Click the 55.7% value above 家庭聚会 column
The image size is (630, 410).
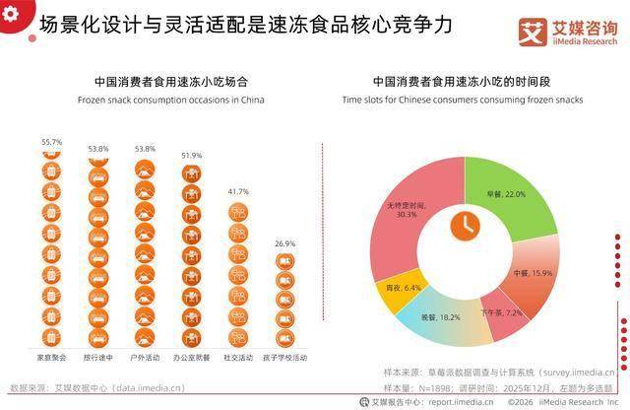coord(51,142)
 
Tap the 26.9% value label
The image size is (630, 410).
coord(284,243)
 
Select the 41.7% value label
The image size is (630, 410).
coord(237,191)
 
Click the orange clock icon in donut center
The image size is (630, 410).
coord(462,226)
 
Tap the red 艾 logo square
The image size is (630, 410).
coord(535,31)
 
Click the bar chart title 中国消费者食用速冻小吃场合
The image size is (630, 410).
coord(157,80)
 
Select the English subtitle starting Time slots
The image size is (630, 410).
coord(463,100)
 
